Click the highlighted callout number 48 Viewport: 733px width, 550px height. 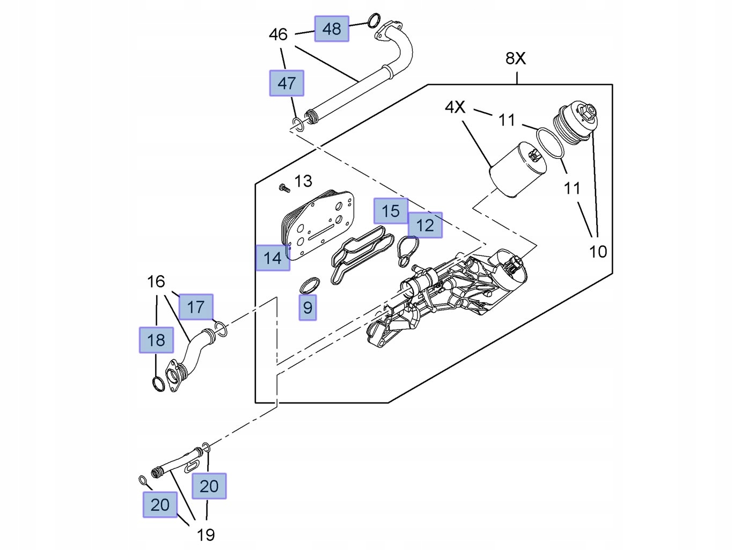tap(332, 29)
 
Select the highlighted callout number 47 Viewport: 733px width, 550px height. tap(287, 83)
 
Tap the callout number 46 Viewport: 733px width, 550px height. tap(278, 35)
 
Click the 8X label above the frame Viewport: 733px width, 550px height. tap(516, 58)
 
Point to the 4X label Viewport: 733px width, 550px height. tap(455, 107)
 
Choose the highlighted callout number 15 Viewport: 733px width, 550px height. tap(391, 211)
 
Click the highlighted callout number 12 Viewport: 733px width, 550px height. tap(425, 225)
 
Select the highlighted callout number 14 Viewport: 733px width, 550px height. tap(273, 258)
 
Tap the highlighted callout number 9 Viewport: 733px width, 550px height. tap(307, 307)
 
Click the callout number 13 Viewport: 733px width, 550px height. tap(303, 181)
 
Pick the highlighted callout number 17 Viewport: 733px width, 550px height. tap(196, 307)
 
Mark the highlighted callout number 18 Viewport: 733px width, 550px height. tap(156, 340)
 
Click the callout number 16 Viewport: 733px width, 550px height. tap(156, 281)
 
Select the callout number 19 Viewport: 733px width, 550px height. tap(206, 534)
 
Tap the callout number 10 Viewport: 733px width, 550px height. tap(598, 251)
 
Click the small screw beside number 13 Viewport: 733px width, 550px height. tap(283, 188)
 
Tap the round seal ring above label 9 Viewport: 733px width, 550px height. tap(310, 285)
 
